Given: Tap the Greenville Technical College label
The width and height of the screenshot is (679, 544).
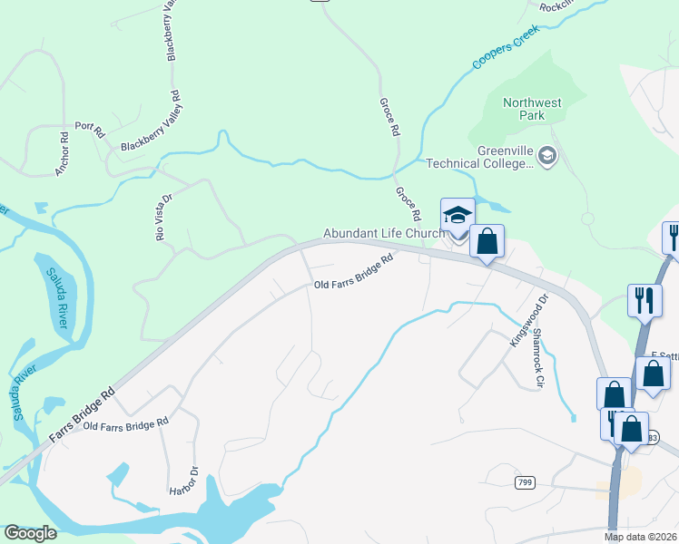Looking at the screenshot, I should click(x=479, y=157).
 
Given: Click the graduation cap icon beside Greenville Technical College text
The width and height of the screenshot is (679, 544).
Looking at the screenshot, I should click(x=546, y=156).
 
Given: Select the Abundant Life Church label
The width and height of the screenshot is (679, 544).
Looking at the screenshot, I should click(x=384, y=233).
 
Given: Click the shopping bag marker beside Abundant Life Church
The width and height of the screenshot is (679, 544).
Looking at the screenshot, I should click(x=487, y=243).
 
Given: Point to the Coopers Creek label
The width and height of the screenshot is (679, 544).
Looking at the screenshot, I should click(x=505, y=48).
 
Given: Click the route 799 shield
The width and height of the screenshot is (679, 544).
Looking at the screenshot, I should click(x=524, y=482).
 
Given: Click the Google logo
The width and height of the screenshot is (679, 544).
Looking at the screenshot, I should click(x=30, y=533).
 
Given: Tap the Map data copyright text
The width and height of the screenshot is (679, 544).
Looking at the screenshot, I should click(x=641, y=537).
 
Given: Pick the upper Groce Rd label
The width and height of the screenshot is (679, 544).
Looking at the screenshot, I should click(x=388, y=117).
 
